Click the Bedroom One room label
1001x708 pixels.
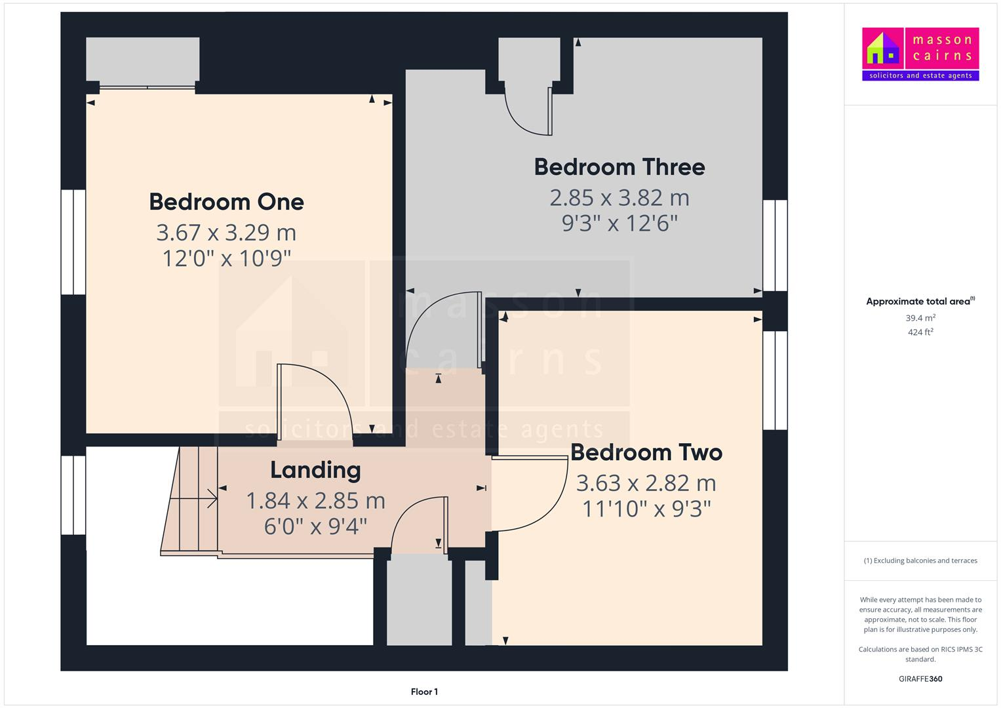click(226, 202)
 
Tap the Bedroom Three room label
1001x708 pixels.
click(619, 167)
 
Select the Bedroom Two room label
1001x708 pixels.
click(646, 452)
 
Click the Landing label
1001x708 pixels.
click(315, 470)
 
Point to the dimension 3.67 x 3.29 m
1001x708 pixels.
click(226, 233)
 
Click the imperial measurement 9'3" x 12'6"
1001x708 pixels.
click(619, 224)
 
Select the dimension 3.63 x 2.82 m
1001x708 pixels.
click(646, 483)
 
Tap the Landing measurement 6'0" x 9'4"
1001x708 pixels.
click(315, 526)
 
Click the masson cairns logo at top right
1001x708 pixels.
click(920, 54)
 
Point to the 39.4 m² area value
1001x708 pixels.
click(920, 318)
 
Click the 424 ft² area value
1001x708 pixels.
click(920, 332)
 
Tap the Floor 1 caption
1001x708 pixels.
click(424, 692)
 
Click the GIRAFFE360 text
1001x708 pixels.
click(920, 679)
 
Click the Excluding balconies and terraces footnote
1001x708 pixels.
click(920, 560)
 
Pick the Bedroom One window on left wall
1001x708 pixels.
click(73, 242)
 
